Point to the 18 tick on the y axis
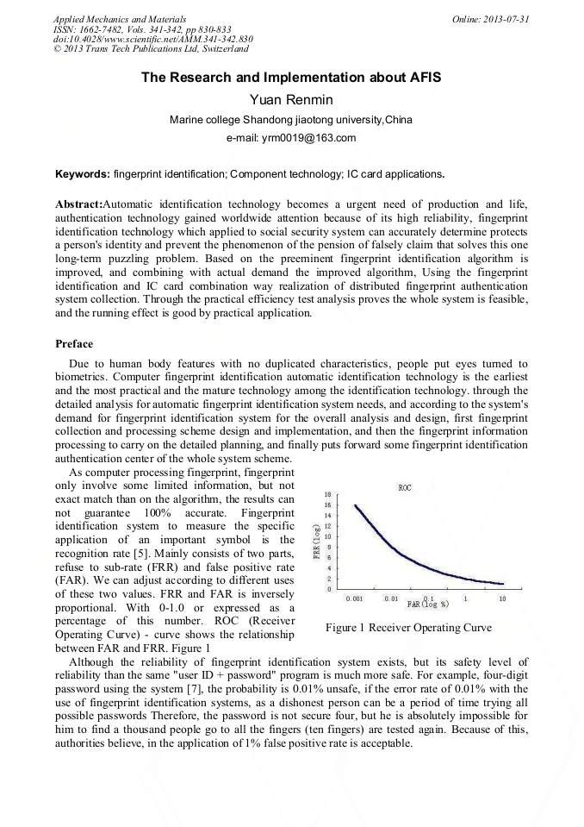pos(327,494)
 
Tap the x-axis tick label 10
pos(502,598)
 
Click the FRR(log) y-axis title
pos(316,542)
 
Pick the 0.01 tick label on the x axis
pos(390,598)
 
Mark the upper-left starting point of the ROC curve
pos(356,505)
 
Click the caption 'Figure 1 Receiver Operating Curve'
pos(408,628)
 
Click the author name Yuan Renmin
pos(291,100)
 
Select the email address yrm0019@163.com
pos(291,138)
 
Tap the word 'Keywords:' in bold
pos(83,174)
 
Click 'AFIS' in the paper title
pos(422,78)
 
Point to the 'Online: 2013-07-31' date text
pos(490,18)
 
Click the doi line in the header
pos(153,39)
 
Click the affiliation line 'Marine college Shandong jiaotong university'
pos(291,120)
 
